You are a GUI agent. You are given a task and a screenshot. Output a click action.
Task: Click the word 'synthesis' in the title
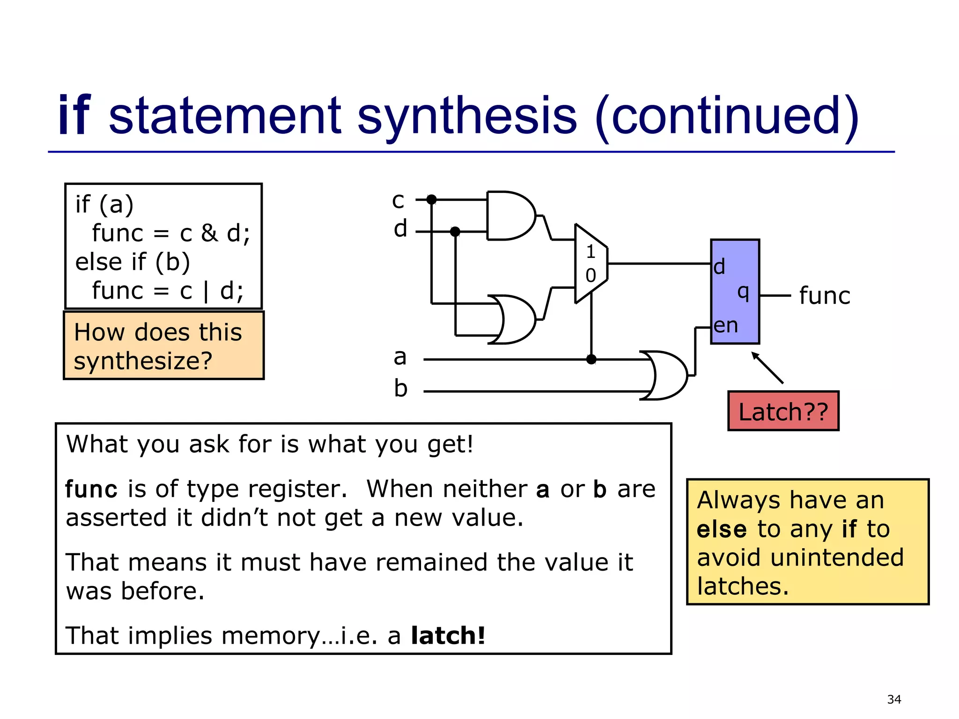click(x=467, y=116)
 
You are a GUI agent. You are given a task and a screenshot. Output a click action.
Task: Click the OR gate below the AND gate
click(x=513, y=320)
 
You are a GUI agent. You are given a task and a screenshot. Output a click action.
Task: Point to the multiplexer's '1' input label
click(x=590, y=252)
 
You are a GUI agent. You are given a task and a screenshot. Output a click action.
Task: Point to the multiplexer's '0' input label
click(x=590, y=275)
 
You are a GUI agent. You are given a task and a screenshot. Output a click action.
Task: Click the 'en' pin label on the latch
click(x=725, y=326)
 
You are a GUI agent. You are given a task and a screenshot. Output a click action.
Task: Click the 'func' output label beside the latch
click(x=824, y=296)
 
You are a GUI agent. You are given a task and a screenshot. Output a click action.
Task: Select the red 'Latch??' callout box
click(x=783, y=411)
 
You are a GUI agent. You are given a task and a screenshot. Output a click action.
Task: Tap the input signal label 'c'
click(x=398, y=200)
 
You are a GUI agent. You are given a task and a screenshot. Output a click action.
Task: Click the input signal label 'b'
click(x=400, y=389)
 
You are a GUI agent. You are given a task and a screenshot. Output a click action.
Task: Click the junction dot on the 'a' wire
click(x=591, y=359)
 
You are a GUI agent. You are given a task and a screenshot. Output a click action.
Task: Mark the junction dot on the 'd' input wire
click(x=455, y=232)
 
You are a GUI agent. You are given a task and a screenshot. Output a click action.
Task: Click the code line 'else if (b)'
click(x=133, y=262)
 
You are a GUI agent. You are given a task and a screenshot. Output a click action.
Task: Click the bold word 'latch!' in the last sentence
click(x=448, y=636)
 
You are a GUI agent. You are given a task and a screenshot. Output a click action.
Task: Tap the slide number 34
click(x=894, y=699)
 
